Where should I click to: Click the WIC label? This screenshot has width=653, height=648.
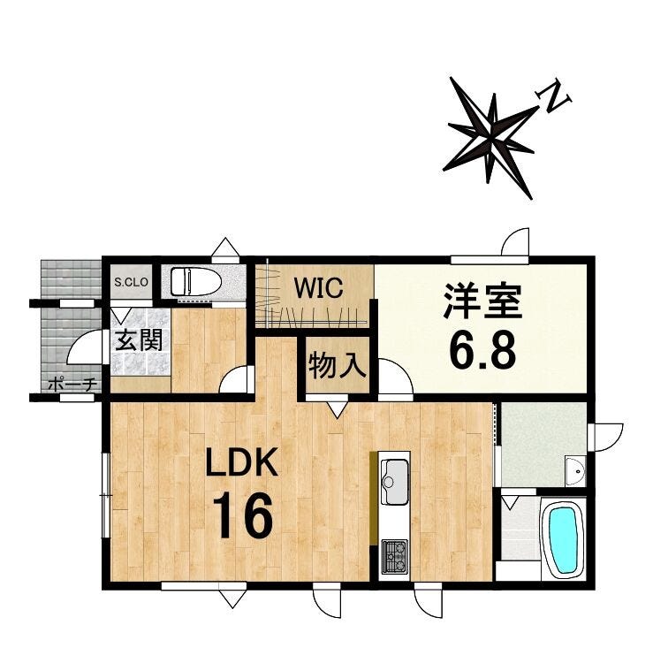(318, 287)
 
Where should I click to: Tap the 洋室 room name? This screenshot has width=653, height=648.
(482, 301)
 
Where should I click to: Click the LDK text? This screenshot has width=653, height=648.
(242, 462)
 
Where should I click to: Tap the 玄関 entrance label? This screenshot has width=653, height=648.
(139, 340)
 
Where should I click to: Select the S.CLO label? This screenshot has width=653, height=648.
(131, 282)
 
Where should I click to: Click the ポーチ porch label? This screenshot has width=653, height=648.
(72, 385)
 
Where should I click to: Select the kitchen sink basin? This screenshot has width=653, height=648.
(394, 481)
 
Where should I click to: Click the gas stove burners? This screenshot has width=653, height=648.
(394, 557)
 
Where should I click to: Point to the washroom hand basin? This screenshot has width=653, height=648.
(575, 471)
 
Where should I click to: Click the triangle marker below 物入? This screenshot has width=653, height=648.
(338, 409)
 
